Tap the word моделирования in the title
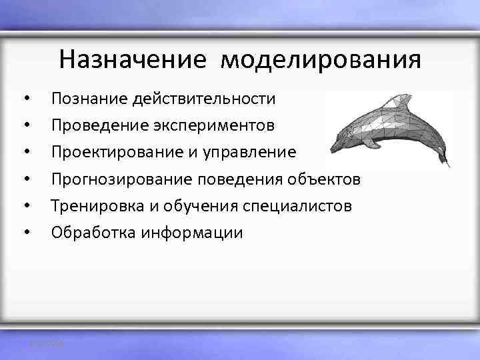(x=321, y=59)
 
